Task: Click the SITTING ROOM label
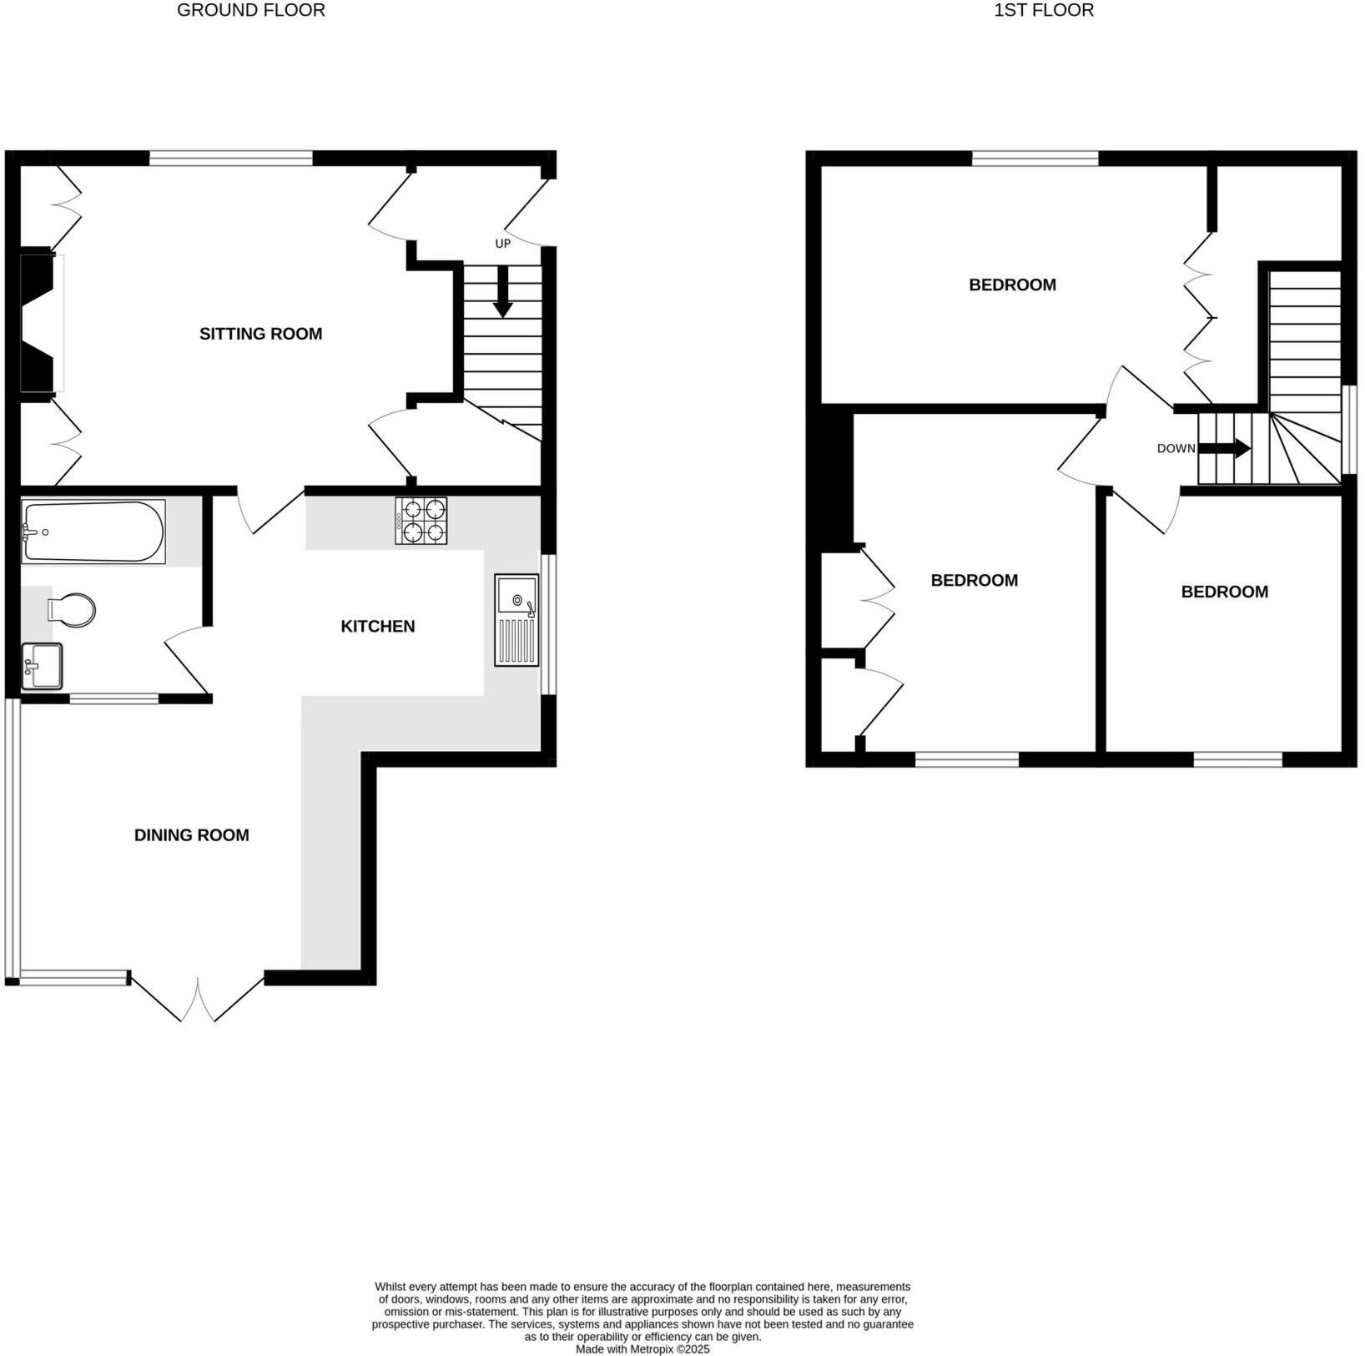tap(260, 334)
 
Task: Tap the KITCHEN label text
tap(377, 626)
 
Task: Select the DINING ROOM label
tap(191, 835)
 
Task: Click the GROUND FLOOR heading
tap(250, 11)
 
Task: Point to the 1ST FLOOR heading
tap(1043, 11)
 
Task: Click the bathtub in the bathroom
tap(93, 531)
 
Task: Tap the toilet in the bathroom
tap(72, 609)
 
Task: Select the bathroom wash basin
tap(42, 666)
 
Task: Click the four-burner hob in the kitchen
tap(421, 521)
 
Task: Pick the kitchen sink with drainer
tap(516, 619)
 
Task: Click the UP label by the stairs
tap(502, 244)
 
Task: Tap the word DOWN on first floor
tap(1176, 448)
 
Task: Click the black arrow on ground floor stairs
tap(502, 292)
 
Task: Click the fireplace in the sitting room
tap(38, 321)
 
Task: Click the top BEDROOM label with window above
tap(1012, 285)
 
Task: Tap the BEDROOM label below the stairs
tap(1224, 592)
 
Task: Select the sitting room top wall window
tap(231, 158)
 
